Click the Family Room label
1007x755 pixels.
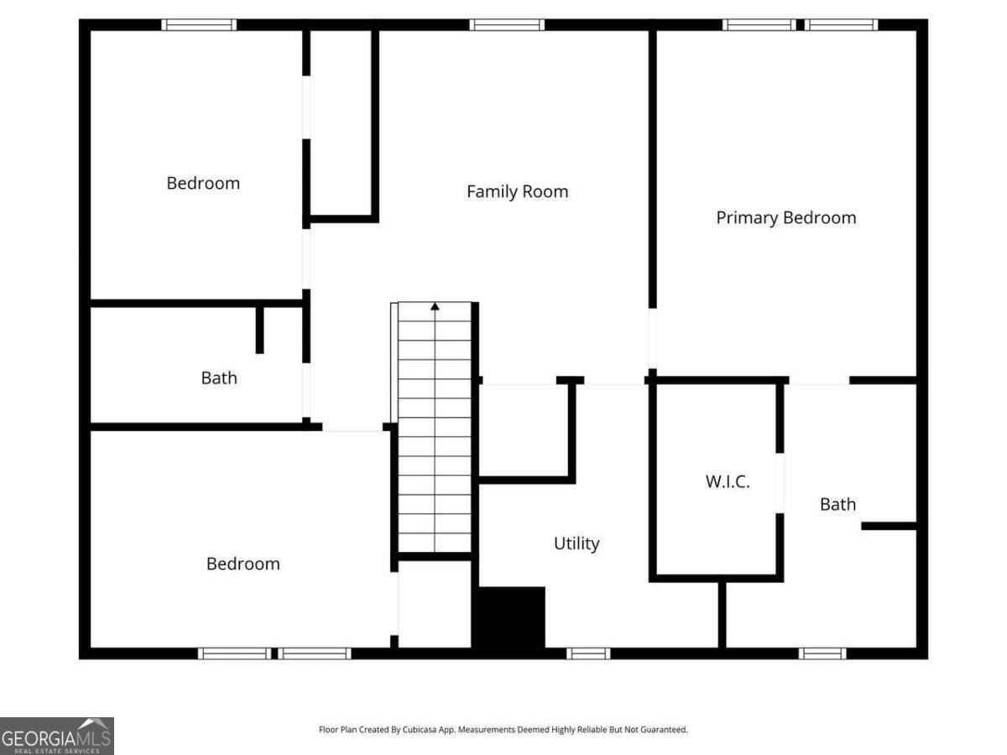pyautogui.click(x=517, y=191)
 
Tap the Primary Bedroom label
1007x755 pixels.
pyautogui.click(x=785, y=217)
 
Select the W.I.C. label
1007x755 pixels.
pyautogui.click(x=726, y=482)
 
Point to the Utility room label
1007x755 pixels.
pyautogui.click(x=577, y=544)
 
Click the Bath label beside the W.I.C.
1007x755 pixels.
pyautogui.click(x=837, y=503)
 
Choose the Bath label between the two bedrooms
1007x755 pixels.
pyautogui.click(x=218, y=377)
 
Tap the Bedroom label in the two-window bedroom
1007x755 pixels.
pyautogui.click(x=243, y=563)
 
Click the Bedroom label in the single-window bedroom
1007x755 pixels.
pyautogui.click(x=203, y=183)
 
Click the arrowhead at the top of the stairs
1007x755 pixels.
pyautogui.click(x=435, y=307)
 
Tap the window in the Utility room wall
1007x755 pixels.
pyautogui.click(x=588, y=653)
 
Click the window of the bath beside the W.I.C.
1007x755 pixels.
pyautogui.click(x=822, y=653)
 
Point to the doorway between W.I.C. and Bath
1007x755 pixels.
pyautogui.click(x=780, y=482)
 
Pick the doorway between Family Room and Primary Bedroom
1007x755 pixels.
pyautogui.click(x=651, y=339)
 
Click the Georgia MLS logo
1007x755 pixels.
pyautogui.click(x=57, y=735)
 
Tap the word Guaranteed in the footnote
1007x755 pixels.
pyautogui.click(x=665, y=730)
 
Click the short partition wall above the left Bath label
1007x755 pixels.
pyautogui.click(x=259, y=330)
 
